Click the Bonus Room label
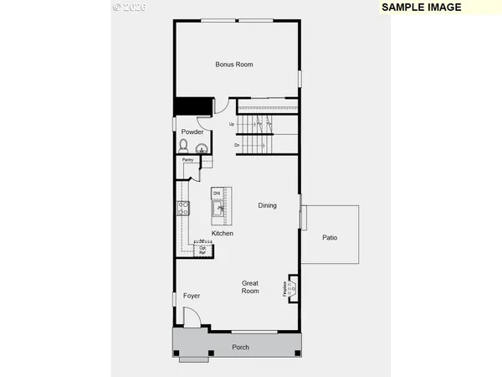click(233, 65)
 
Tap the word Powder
click(192, 132)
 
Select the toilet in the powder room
click(183, 146)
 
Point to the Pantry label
click(188, 159)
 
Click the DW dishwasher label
click(216, 194)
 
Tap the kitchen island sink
click(216, 208)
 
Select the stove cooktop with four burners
click(182, 209)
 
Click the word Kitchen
click(222, 233)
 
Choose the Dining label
click(267, 205)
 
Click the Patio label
click(330, 238)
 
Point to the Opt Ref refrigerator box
click(202, 250)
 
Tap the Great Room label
click(250, 287)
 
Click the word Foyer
click(192, 295)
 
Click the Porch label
click(240, 347)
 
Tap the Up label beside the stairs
click(231, 125)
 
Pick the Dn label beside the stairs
click(238, 145)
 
